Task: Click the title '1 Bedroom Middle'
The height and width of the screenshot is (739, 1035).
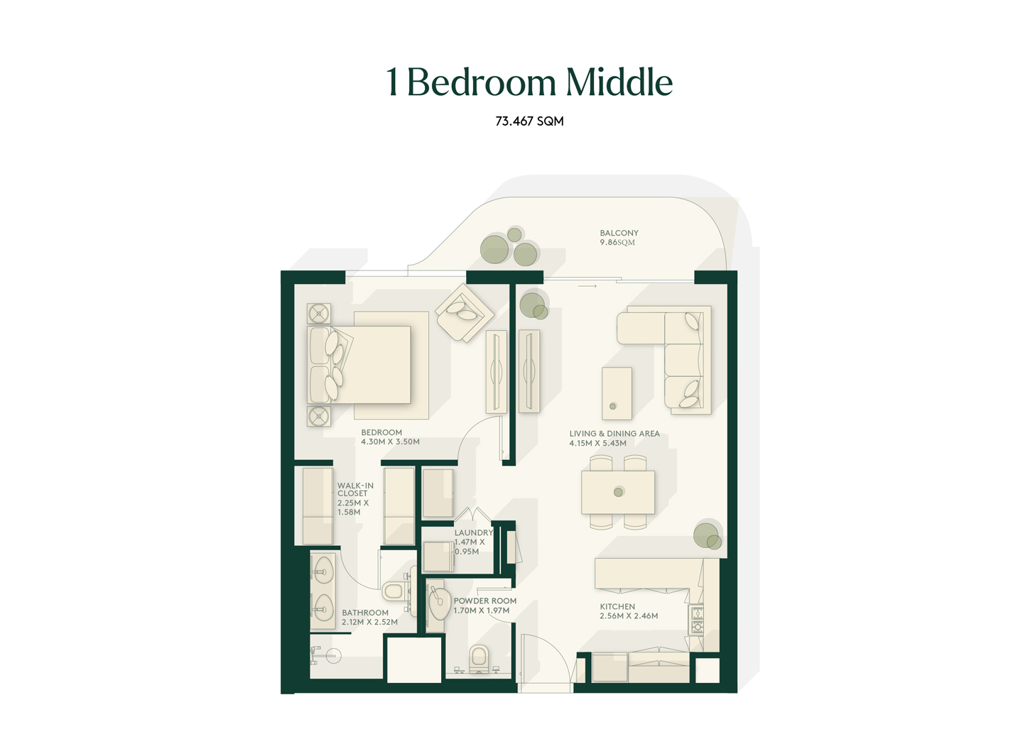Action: click(529, 82)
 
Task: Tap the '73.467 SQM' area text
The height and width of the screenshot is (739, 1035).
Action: click(529, 121)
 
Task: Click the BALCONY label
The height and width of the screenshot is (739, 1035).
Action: click(619, 234)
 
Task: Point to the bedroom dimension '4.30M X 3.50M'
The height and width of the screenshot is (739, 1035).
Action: click(391, 442)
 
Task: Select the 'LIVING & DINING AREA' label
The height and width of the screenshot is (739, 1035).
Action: click(614, 434)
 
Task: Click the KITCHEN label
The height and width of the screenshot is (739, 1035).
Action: click(617, 606)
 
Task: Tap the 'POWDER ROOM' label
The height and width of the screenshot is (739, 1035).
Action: click(485, 601)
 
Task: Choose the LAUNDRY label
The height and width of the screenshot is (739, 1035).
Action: click(474, 532)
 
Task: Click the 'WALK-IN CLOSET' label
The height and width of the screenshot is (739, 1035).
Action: click(355, 490)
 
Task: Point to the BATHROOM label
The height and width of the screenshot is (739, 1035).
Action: click(365, 613)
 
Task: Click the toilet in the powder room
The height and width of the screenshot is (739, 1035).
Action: click(479, 659)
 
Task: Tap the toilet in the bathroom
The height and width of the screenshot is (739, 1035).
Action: click(396, 591)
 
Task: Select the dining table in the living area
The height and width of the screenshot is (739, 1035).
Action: click(618, 492)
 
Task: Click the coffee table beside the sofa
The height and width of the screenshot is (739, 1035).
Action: click(617, 393)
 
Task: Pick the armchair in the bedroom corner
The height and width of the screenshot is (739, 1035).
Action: click(464, 312)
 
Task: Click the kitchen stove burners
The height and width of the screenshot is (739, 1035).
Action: click(696, 620)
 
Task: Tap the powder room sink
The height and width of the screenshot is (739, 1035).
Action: click(440, 603)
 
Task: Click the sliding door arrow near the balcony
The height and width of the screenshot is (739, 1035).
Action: click(587, 286)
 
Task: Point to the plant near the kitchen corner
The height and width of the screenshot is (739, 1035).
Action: click(708, 535)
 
